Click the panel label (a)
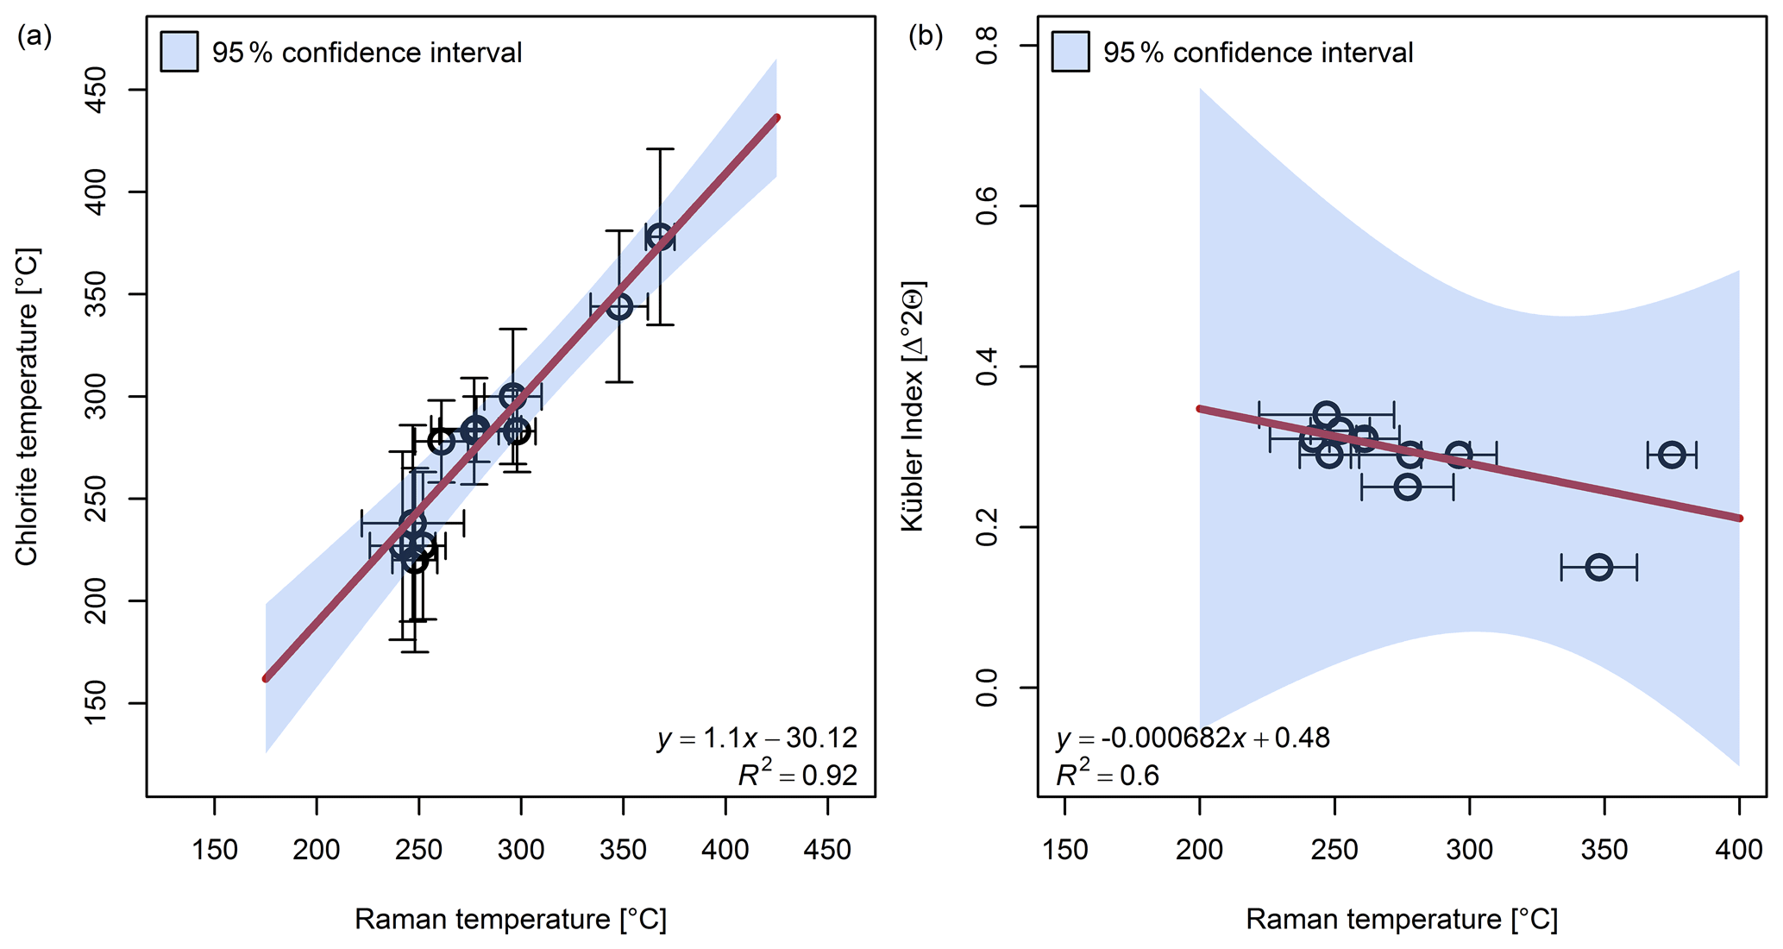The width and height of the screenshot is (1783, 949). [35, 36]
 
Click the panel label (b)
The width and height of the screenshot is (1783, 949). [926, 36]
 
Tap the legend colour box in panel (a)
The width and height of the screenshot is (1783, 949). [179, 52]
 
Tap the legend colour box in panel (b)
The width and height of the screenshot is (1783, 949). [1070, 52]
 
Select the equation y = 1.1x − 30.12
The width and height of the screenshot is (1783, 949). [757, 738]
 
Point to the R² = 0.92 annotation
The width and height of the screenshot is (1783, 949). [798, 776]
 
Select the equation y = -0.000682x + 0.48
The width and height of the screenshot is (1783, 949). [1193, 738]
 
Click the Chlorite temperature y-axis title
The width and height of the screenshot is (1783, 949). [27, 407]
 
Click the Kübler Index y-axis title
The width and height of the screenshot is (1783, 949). [912, 405]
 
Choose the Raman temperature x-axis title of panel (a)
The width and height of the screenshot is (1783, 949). [511, 920]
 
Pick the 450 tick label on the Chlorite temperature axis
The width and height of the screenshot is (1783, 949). [97, 90]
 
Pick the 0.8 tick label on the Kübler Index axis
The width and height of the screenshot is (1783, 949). [986, 45]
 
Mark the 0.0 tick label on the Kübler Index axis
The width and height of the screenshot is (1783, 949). [986, 688]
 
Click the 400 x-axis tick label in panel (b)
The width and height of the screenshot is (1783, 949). [1739, 850]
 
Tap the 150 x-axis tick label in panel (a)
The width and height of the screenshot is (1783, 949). [214, 850]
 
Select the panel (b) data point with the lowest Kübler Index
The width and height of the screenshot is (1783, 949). [1598, 567]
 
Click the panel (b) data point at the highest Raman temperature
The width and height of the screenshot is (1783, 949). [1672, 455]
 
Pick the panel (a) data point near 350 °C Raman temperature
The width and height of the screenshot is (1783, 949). [619, 306]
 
